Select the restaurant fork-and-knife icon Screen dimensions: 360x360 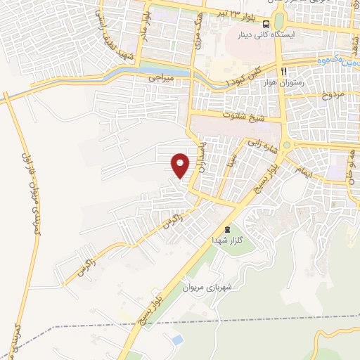click(284, 72)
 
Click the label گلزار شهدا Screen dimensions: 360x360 click(226, 240)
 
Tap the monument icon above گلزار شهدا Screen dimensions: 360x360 click(226, 229)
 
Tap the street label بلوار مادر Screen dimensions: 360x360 click(146, 27)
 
